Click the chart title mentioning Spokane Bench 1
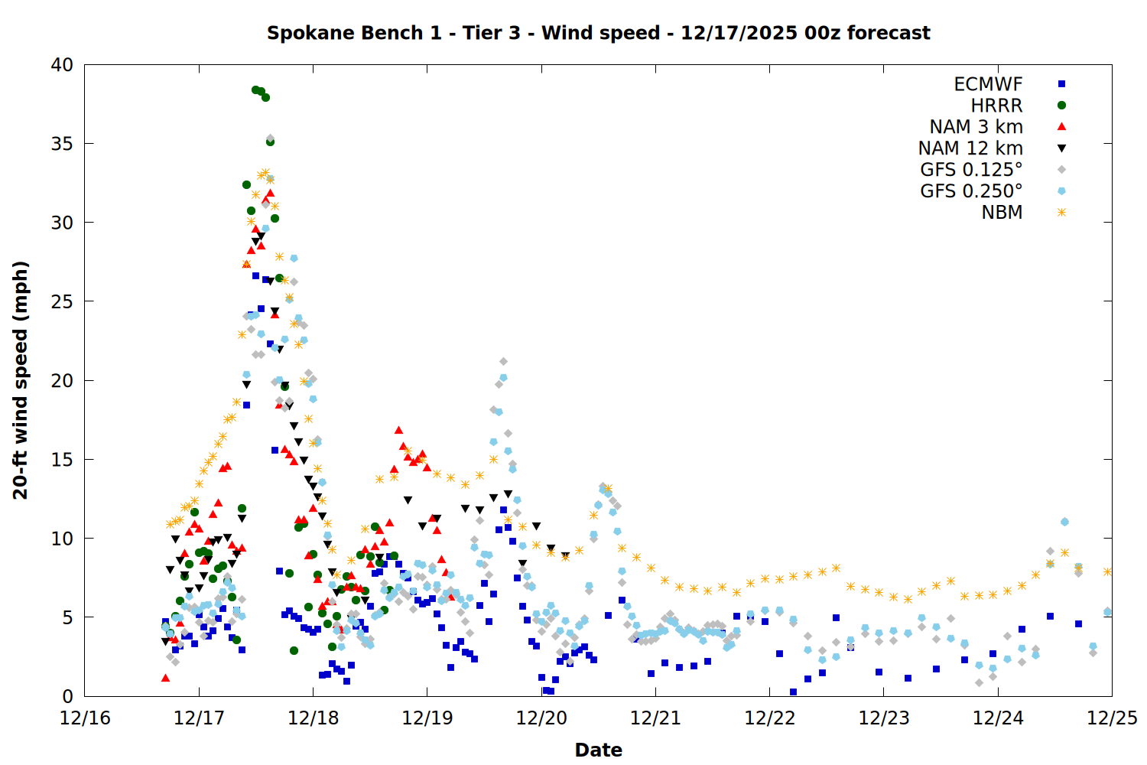598,33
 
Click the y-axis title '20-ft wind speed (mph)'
21,380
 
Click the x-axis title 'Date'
598,750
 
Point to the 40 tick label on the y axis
62,65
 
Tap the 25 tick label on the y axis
62,301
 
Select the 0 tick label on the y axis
67,696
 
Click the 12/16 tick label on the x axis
85,718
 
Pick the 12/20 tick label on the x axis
541,718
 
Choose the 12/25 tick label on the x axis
1112,718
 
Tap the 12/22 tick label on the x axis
769,718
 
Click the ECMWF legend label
988,84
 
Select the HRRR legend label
996,106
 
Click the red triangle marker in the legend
1061,126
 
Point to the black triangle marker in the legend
1061,148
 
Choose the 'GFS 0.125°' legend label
971,170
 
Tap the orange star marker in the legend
1061,212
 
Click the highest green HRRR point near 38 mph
255,90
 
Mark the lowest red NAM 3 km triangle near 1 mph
165,678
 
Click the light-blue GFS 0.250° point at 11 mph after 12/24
1064,522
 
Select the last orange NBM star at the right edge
1107,571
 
